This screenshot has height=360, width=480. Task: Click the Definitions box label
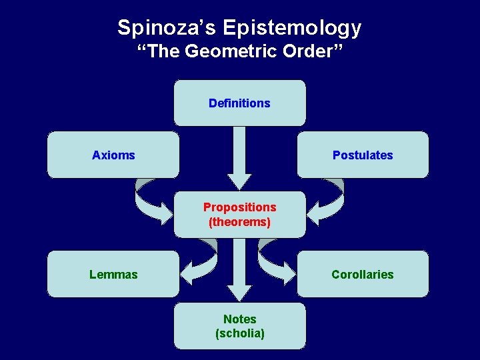(x=239, y=103)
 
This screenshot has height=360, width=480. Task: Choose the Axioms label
(x=113, y=155)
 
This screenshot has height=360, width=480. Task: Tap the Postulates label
(x=363, y=155)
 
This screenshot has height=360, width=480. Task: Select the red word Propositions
(x=239, y=207)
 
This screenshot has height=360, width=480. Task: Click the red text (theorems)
(x=239, y=222)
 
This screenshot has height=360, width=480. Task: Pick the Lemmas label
(x=113, y=274)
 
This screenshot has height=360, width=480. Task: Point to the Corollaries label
(x=363, y=274)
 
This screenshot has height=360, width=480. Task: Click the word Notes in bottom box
(x=239, y=319)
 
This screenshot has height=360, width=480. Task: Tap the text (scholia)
(x=239, y=333)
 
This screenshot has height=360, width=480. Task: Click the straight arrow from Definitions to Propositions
(x=239, y=160)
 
